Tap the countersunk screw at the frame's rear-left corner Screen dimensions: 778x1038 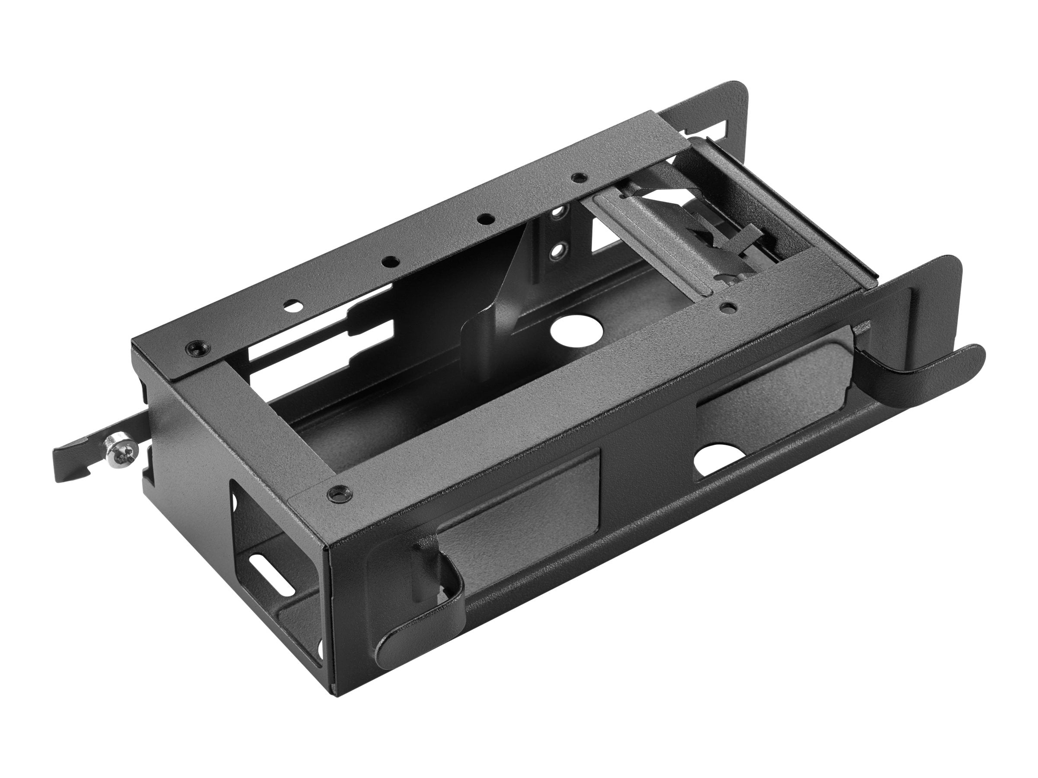194,347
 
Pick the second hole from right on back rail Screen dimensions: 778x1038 485,219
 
